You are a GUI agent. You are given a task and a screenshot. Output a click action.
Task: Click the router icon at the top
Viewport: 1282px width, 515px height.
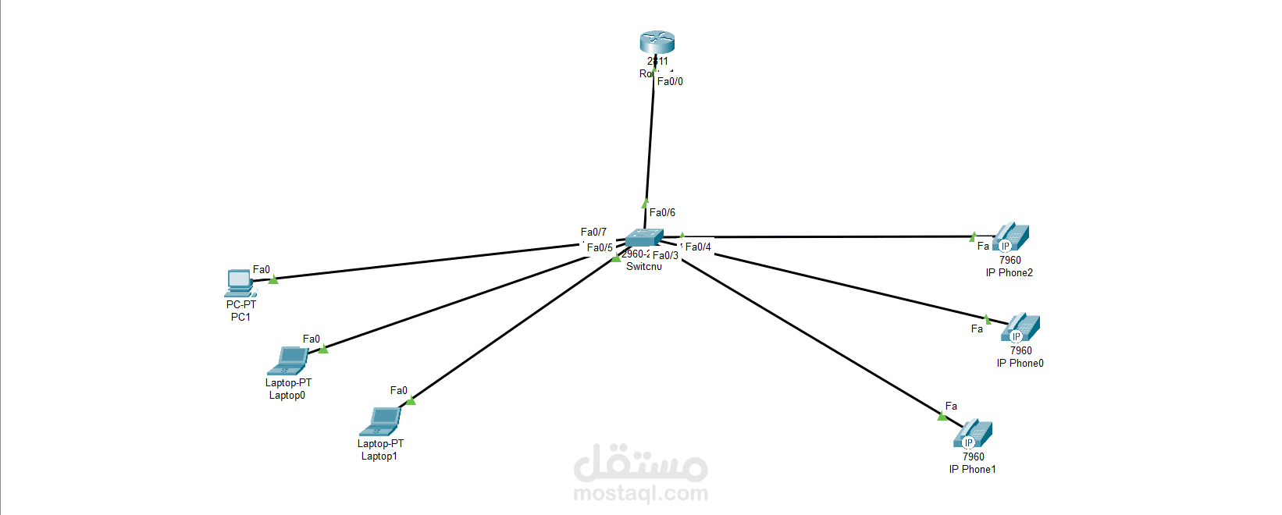click(x=657, y=42)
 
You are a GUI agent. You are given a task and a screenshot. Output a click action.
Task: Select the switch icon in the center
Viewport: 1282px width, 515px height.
click(x=644, y=237)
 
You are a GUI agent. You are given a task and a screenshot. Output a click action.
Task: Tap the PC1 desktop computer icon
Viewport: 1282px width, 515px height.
click(x=240, y=282)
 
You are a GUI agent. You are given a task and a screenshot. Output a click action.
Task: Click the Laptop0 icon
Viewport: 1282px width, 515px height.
click(x=290, y=360)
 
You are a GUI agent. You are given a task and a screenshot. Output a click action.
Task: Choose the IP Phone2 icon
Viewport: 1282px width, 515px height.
click(x=1011, y=237)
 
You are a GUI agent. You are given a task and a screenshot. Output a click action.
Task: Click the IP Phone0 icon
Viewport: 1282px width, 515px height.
click(x=1020, y=328)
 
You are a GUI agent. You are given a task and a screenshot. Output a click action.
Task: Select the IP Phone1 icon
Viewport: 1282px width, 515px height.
click(x=973, y=434)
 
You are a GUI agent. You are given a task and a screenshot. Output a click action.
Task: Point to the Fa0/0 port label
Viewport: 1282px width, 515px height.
click(x=670, y=81)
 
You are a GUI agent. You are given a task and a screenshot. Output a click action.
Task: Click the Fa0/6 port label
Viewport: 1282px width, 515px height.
click(x=662, y=212)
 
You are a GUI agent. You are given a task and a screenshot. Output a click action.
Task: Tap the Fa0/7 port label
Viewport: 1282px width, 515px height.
click(x=593, y=232)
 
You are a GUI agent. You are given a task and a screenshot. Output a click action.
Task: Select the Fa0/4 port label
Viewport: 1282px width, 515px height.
click(x=698, y=247)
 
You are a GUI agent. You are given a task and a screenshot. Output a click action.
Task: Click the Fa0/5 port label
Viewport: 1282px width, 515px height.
click(x=600, y=247)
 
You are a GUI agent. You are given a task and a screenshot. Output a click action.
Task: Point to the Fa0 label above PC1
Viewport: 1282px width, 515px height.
click(x=262, y=269)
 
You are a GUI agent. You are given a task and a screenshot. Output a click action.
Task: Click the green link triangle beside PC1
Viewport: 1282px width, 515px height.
click(x=273, y=279)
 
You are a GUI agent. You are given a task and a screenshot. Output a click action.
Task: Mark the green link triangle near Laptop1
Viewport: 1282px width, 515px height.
click(x=411, y=400)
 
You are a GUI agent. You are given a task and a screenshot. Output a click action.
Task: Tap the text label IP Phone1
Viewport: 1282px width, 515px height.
click(x=972, y=469)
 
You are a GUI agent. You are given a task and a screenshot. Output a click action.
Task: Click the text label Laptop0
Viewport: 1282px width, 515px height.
click(x=287, y=395)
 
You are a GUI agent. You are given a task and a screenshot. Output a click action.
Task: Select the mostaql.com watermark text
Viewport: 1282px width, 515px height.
click(x=640, y=493)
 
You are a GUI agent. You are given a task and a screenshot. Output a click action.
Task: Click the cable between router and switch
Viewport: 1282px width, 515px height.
click(x=650, y=140)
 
